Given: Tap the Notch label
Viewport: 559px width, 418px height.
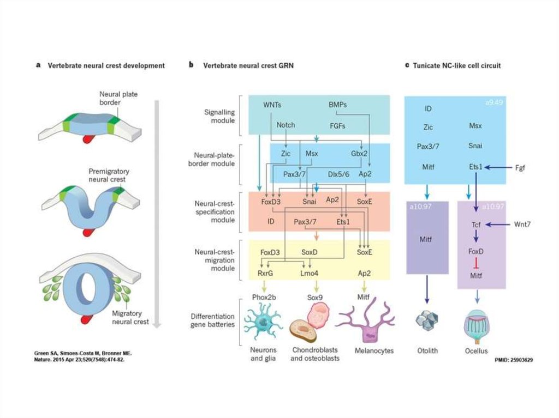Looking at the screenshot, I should point(286,125).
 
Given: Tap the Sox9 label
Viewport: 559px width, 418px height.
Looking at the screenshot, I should point(316,298).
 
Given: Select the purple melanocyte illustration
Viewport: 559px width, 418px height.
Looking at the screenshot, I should point(365,322).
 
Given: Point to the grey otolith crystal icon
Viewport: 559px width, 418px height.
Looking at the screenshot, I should point(427,319).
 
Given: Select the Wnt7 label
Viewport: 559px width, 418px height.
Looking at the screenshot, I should point(522,225).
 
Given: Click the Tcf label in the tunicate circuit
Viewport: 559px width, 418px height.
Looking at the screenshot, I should point(475,225).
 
